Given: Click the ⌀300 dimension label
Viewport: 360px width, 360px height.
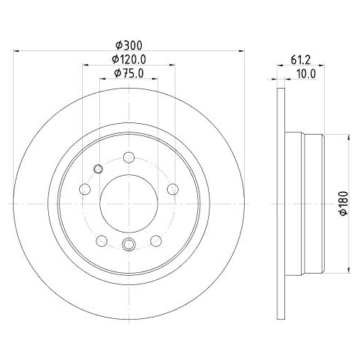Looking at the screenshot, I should [127, 45].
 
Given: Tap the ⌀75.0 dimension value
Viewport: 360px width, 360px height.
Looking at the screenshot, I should [128, 73].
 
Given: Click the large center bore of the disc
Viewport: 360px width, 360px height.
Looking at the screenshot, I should [127, 202].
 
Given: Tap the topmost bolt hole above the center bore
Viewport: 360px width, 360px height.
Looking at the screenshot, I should [128, 158].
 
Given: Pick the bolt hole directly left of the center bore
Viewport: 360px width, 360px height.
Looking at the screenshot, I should [85, 189].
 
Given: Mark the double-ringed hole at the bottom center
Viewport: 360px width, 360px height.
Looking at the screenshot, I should [128, 245].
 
